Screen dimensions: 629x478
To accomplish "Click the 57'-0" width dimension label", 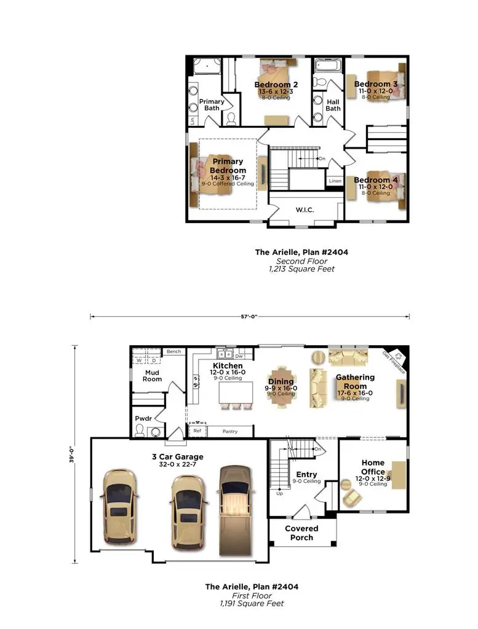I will click(x=249, y=316).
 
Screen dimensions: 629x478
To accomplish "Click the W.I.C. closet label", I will click(x=305, y=210).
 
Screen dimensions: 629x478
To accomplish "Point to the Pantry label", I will click(x=229, y=432).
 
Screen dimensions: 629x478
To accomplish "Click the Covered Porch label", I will click(x=302, y=533).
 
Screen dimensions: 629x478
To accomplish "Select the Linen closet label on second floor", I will click(x=335, y=181).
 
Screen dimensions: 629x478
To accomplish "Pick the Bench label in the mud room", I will click(x=173, y=352).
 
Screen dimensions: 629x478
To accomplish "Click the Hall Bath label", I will click(x=333, y=105).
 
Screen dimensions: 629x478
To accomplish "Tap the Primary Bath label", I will click(x=212, y=104).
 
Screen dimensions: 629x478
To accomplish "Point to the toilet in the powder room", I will click(x=140, y=429).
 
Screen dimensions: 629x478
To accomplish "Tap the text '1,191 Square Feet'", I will click(x=252, y=604).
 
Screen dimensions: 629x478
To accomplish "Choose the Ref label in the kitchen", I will click(x=197, y=431).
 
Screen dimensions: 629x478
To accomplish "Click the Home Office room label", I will click(x=373, y=467).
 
